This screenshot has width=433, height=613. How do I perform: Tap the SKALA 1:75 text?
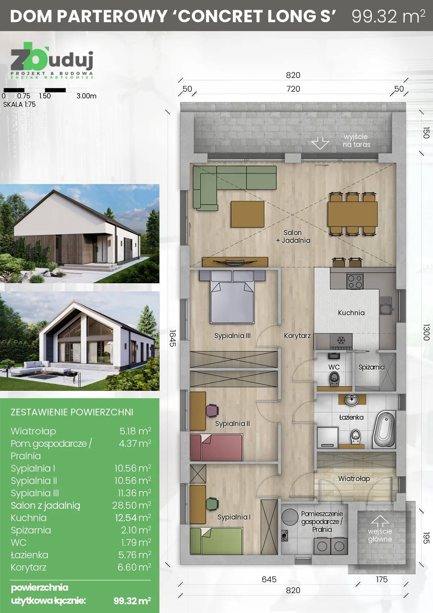(x=19, y=104)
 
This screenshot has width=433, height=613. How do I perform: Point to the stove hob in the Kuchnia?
(x=355, y=281)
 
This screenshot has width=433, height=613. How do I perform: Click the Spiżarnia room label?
(x=371, y=367)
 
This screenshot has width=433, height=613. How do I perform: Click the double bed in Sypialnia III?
(x=232, y=300)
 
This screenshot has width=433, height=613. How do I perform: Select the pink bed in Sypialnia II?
(x=216, y=448)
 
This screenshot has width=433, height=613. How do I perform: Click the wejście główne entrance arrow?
(x=380, y=521)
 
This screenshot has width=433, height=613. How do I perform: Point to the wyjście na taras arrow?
(x=320, y=143)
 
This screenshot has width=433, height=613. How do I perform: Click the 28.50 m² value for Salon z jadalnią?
(x=131, y=505)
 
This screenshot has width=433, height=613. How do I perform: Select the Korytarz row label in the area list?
(x=29, y=567)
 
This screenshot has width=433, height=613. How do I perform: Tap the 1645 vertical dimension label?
(x=172, y=338)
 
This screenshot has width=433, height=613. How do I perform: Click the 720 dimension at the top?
(x=293, y=89)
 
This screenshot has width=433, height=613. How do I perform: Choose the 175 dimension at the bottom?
(x=381, y=579)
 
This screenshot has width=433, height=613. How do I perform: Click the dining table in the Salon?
(x=353, y=214)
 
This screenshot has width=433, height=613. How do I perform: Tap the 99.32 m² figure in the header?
(x=388, y=16)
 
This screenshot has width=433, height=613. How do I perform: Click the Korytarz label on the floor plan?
(x=297, y=336)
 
